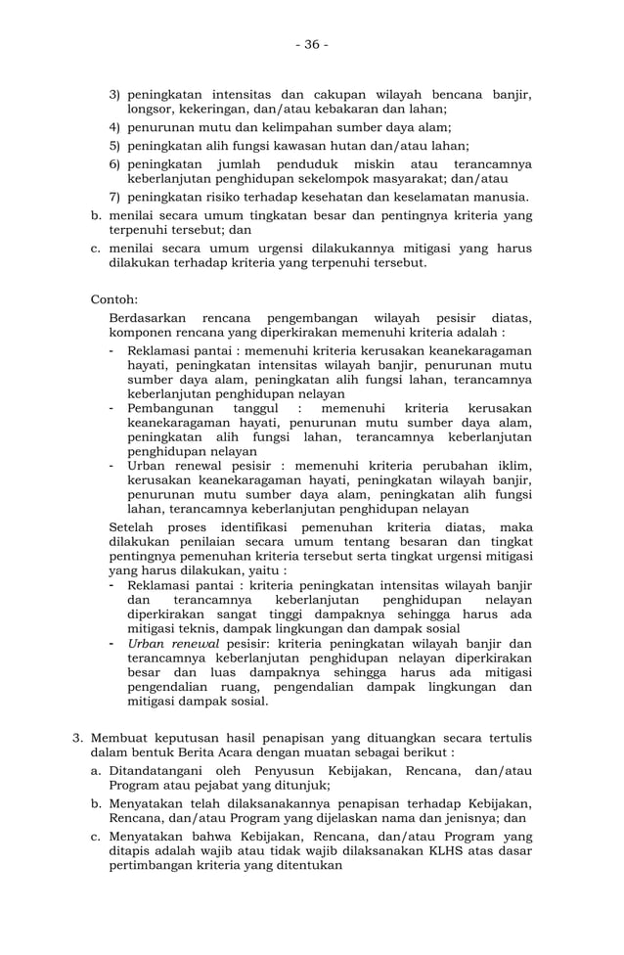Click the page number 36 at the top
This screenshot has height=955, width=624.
coord(312,44)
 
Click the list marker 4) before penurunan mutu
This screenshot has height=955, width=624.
coord(113,127)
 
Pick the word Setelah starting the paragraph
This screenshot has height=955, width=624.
coord(132,528)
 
